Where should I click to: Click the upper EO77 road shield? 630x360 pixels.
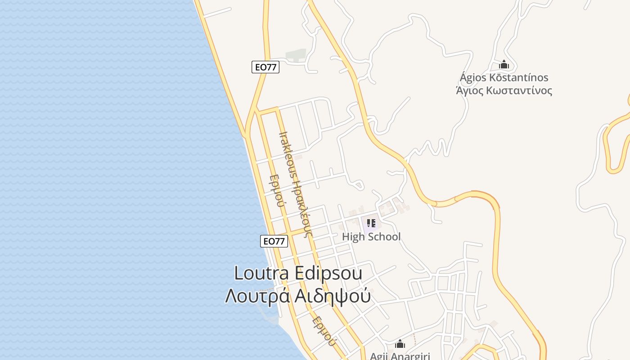click(x=265, y=67)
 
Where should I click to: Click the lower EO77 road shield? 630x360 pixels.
click(x=274, y=241)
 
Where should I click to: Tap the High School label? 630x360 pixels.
click(x=371, y=237)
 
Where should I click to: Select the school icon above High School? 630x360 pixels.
click(x=371, y=223)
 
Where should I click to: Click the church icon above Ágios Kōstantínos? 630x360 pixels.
click(x=504, y=65)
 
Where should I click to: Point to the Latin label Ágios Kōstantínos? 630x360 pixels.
click(x=504, y=77)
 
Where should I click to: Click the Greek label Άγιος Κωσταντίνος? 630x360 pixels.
click(x=504, y=90)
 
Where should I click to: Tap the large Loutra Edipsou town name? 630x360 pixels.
click(x=298, y=273)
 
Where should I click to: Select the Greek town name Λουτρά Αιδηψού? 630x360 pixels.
click(x=298, y=296)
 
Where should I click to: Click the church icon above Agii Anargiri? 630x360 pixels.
click(x=400, y=344)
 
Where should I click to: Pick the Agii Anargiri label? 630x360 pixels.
click(x=400, y=356)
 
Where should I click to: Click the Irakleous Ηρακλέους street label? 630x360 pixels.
click(x=295, y=184)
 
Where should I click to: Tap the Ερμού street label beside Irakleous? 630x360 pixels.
click(x=276, y=191)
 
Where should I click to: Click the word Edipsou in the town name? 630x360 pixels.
click(x=328, y=273)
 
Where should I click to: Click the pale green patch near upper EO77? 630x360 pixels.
click(x=297, y=55)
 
